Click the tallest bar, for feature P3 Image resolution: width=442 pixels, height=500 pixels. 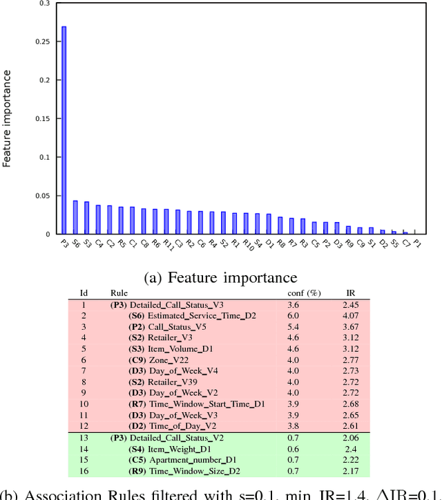[x=64, y=131]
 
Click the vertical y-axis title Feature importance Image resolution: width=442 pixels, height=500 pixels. [x=8, y=120]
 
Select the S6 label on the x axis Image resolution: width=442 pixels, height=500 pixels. [x=75, y=243]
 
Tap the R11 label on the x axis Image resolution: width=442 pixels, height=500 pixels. [x=167, y=244]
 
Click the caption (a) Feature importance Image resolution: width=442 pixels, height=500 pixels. [x=220, y=277]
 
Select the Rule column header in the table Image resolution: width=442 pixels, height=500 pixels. [x=119, y=293]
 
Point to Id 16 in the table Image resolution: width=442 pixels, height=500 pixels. [x=84, y=472]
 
